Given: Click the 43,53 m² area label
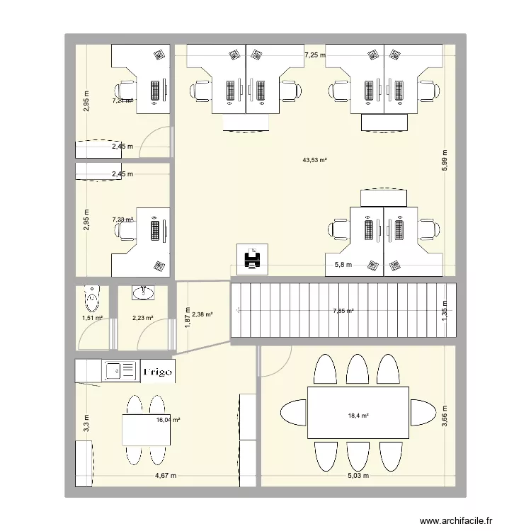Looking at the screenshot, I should point(314,161).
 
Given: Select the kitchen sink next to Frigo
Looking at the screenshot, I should point(116,369).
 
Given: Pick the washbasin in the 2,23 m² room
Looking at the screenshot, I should point(144,293).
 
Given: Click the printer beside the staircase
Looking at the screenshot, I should point(251,259).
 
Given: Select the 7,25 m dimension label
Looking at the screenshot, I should point(314,55).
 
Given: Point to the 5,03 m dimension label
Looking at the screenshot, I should point(358,476).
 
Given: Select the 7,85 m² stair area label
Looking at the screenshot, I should point(343,310).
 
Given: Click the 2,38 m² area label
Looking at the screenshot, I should point(203,314).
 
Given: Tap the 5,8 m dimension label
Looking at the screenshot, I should point(343,265).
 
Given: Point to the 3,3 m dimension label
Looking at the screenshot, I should point(85,423).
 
